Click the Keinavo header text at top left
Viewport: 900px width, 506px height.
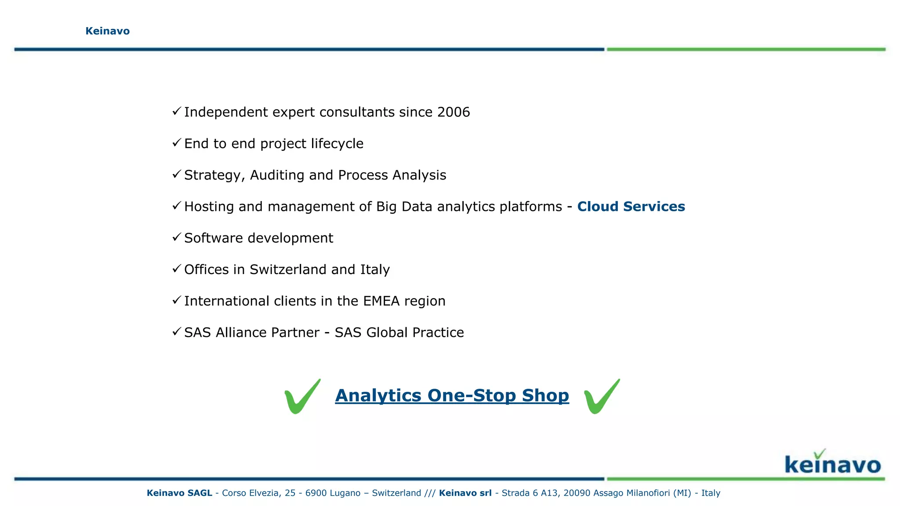pyautogui.click(x=107, y=31)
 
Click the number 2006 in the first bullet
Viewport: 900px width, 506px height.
pyautogui.click(x=453, y=112)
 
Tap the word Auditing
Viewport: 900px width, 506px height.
pyautogui.click(x=277, y=175)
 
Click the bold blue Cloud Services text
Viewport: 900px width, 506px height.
pyautogui.click(x=631, y=206)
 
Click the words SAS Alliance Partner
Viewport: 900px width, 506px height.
pyautogui.click(x=251, y=333)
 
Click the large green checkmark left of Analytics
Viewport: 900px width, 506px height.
pyautogui.click(x=302, y=397)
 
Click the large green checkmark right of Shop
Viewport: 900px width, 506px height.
pyautogui.click(x=601, y=397)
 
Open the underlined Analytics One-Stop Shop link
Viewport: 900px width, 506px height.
pyautogui.click(x=452, y=395)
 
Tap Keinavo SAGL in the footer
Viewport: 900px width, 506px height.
pyautogui.click(x=179, y=493)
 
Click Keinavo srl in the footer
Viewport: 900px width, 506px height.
pyautogui.click(x=465, y=493)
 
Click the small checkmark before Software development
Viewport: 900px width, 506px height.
pyautogui.click(x=177, y=237)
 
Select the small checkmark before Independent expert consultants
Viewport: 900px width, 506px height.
pyautogui.click(x=177, y=111)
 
